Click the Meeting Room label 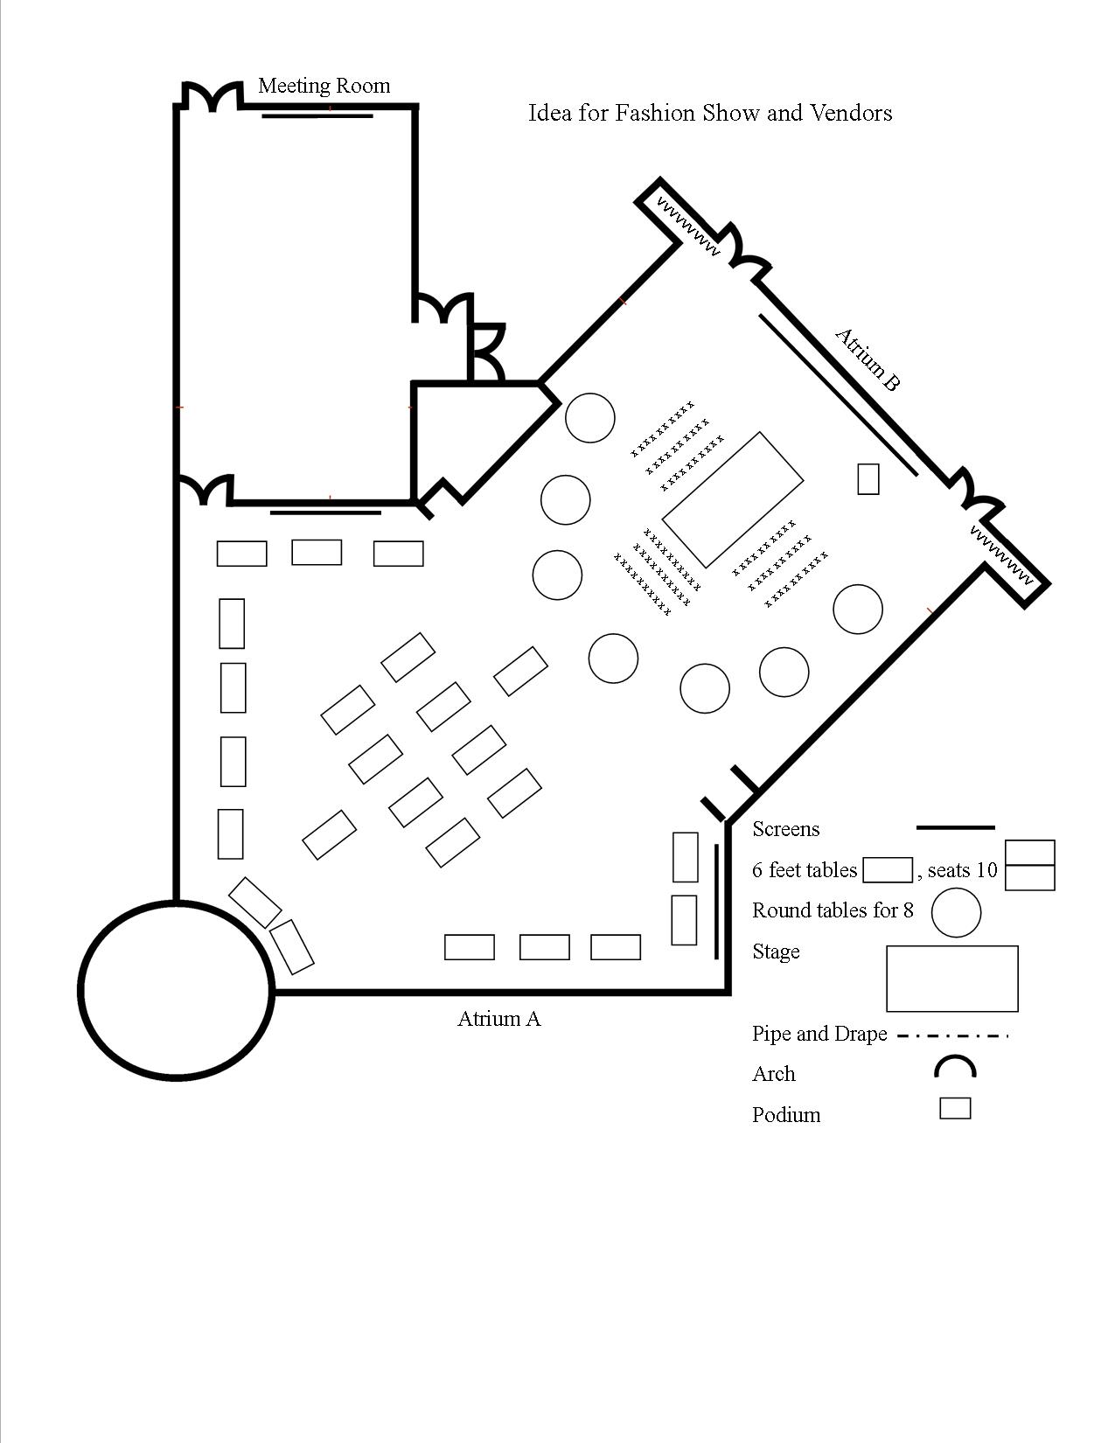pyautogui.click(x=324, y=86)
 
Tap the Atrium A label pyautogui.click(x=498, y=1019)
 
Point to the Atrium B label pyautogui.click(x=867, y=359)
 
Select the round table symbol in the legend pyautogui.click(x=956, y=912)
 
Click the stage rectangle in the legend pyautogui.click(x=951, y=978)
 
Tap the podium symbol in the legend pyautogui.click(x=955, y=1108)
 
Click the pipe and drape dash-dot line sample pyautogui.click(x=952, y=1036)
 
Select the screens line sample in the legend pyautogui.click(x=954, y=827)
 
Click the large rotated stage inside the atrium pyautogui.click(x=733, y=499)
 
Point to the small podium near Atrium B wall pyautogui.click(x=868, y=478)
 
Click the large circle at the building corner pyautogui.click(x=176, y=990)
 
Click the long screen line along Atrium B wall pyautogui.click(x=838, y=394)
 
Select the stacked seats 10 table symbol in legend pyautogui.click(x=1029, y=865)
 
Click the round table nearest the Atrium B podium pyautogui.click(x=857, y=609)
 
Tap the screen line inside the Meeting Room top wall pyautogui.click(x=317, y=115)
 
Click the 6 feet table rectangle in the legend pyautogui.click(x=887, y=870)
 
